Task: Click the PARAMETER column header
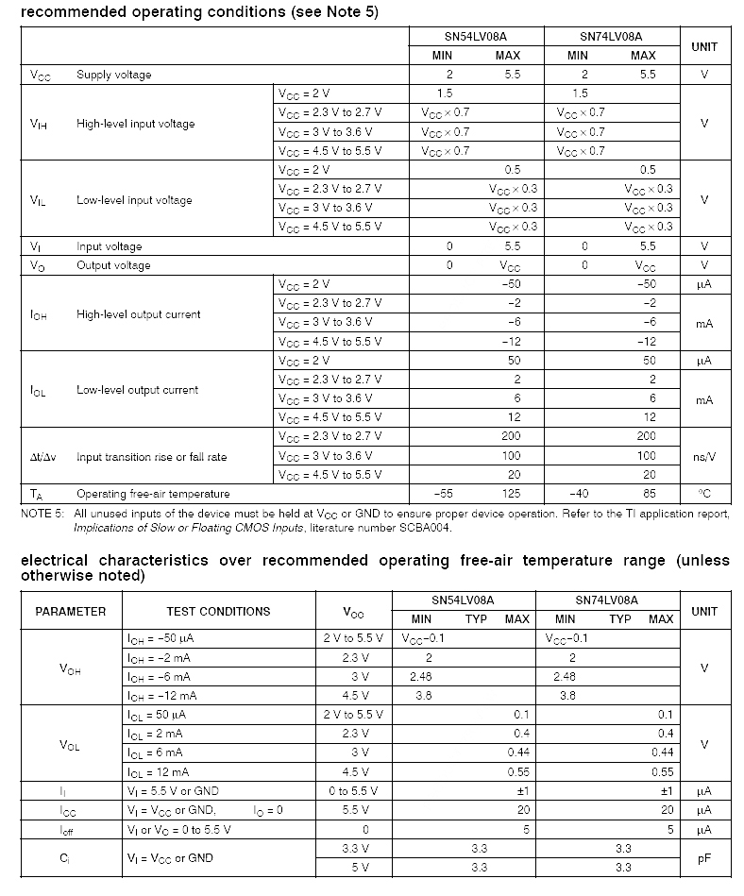(71, 611)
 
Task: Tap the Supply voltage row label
(113, 75)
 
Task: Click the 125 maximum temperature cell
(511, 494)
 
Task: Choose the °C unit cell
(704, 494)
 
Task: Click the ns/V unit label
(704, 457)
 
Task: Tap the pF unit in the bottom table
(704, 858)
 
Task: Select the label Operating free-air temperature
(153, 494)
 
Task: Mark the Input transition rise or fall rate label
(151, 457)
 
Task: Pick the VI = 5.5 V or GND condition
(173, 791)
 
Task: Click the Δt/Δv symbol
(43, 457)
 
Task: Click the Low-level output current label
(138, 390)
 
